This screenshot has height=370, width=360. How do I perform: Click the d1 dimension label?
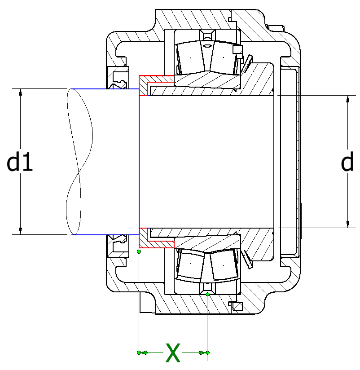coord(20,162)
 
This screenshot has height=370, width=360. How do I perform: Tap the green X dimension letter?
coord(173,353)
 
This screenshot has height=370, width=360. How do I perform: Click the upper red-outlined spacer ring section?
coord(148,83)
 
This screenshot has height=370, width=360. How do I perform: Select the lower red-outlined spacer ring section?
coord(148,241)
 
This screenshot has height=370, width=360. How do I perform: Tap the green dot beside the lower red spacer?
coord(139,251)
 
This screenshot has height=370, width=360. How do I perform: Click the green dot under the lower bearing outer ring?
coord(207,294)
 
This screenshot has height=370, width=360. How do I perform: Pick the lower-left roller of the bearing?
coord(191,265)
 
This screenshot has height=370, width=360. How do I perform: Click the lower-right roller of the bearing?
coord(223,265)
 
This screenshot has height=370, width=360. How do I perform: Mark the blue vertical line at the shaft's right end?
coord(273,162)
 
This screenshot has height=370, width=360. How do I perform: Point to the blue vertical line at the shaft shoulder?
coord(140,162)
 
